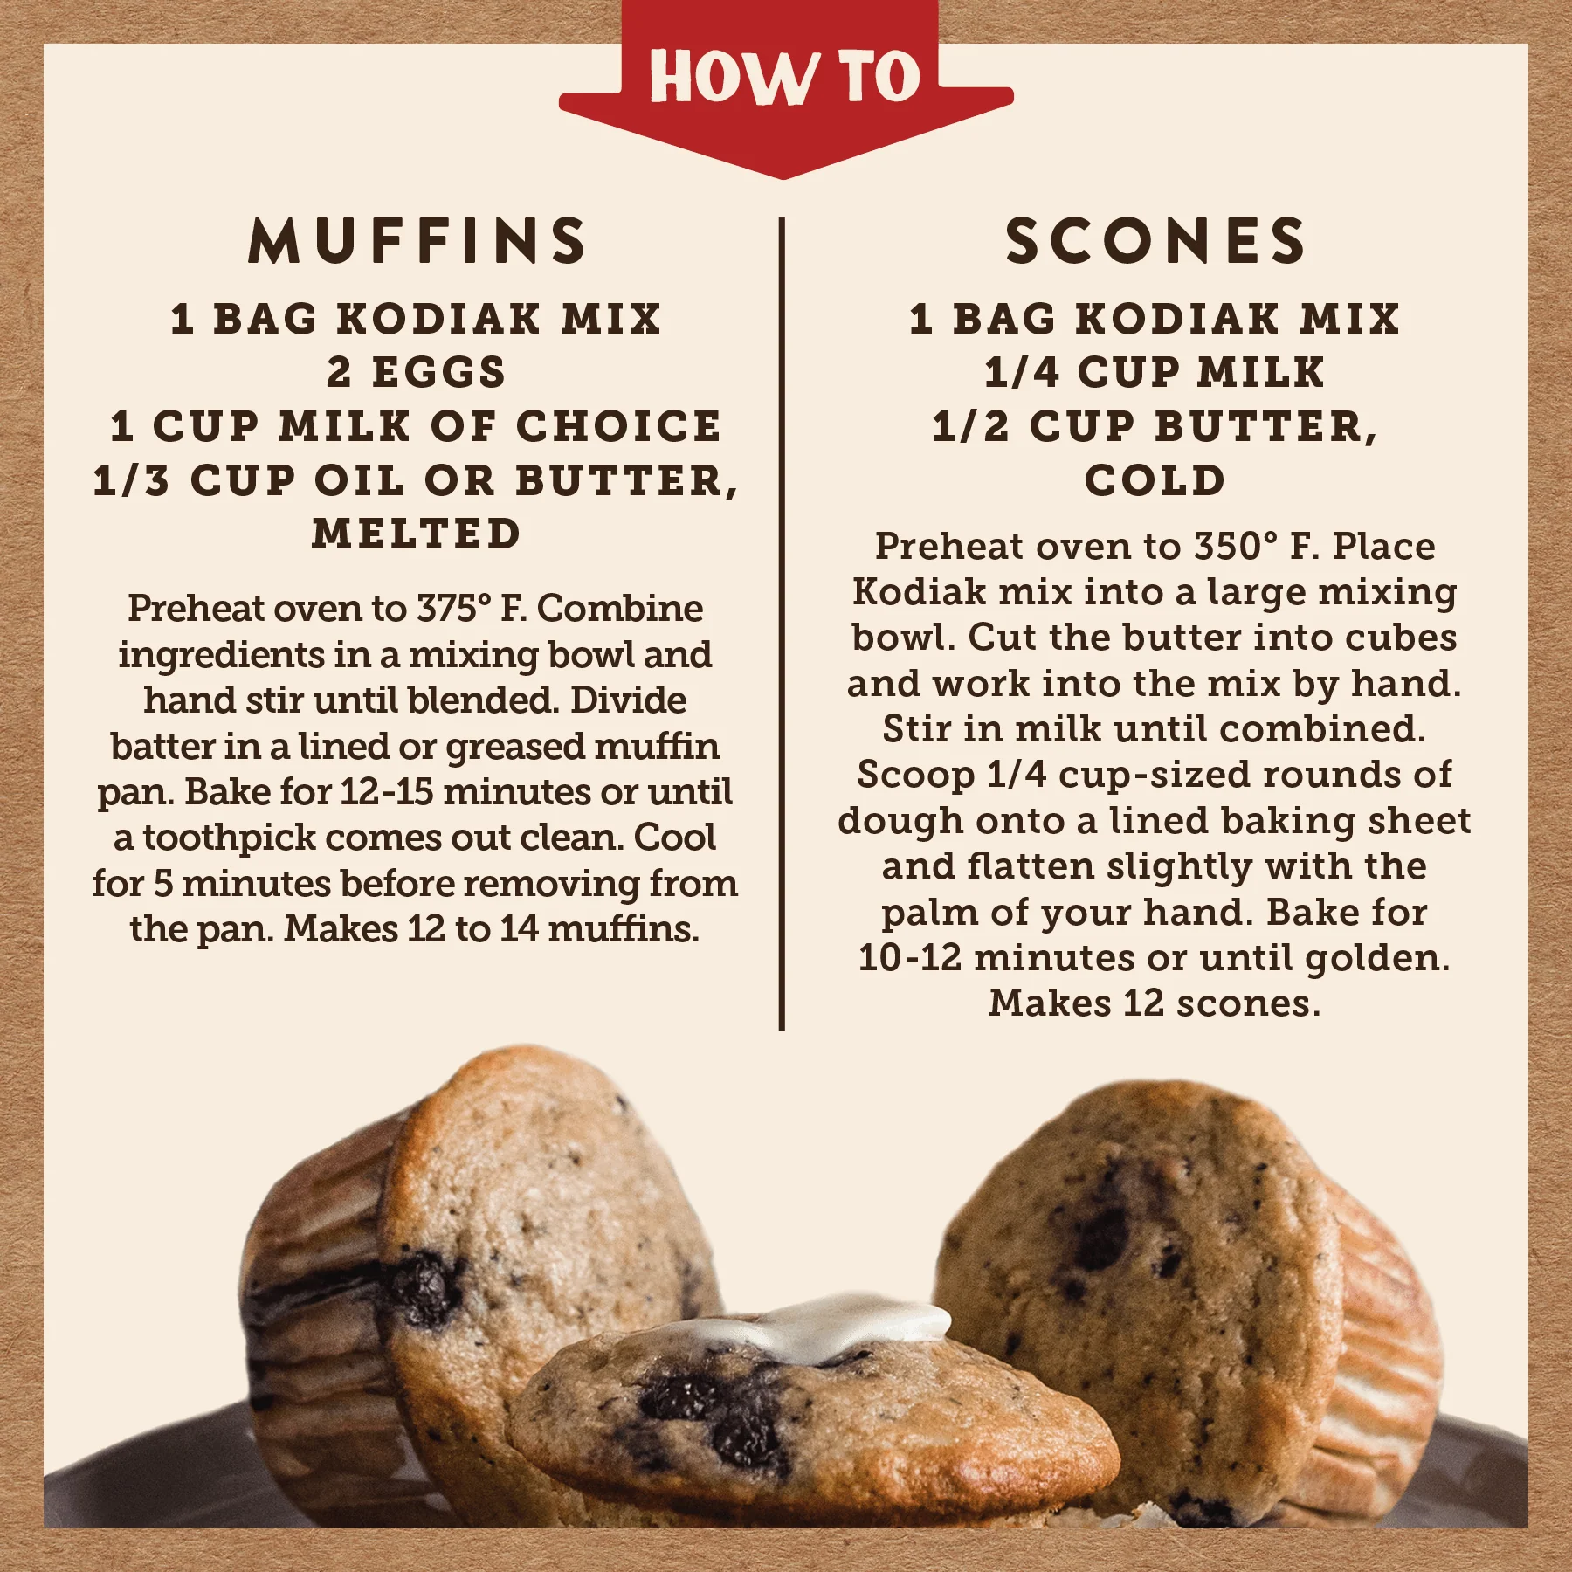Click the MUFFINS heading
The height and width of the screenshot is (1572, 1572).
tap(417, 241)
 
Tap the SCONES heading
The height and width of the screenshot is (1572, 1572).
tap(1155, 241)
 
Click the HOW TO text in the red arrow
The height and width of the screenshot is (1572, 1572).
tap(784, 77)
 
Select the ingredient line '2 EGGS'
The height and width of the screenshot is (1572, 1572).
tap(417, 372)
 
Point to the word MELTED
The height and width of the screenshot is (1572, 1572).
tap(417, 534)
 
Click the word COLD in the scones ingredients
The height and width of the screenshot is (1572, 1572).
tap(1155, 480)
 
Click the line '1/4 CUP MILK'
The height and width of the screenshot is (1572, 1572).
tap(1155, 372)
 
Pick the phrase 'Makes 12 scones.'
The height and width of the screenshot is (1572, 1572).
tap(1155, 1003)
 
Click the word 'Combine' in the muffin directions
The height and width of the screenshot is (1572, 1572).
tap(619, 609)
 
